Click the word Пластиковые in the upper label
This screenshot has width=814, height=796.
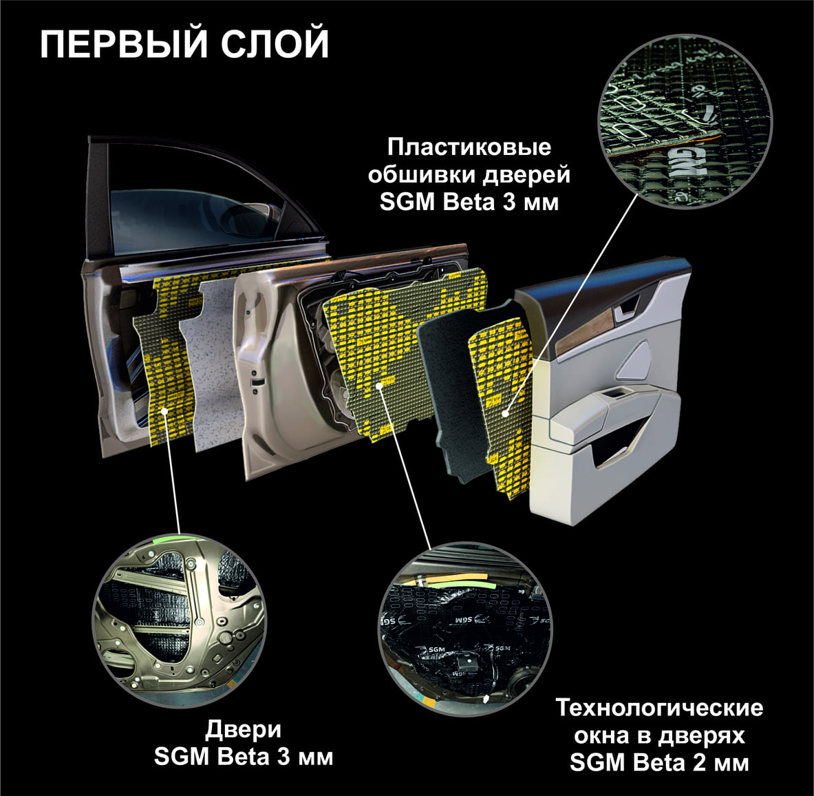click(x=469, y=147)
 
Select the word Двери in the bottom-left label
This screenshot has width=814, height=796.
click(x=243, y=730)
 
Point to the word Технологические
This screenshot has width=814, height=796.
click(x=659, y=708)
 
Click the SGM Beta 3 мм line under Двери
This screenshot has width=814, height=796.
click(x=244, y=757)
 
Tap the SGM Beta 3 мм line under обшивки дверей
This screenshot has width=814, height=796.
click(x=469, y=202)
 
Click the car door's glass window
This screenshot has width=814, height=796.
click(x=197, y=208)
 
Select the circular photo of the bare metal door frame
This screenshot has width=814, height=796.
click(x=180, y=620)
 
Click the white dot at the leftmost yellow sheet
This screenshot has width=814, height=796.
click(x=164, y=411)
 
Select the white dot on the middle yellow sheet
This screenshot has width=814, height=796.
click(x=380, y=385)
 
